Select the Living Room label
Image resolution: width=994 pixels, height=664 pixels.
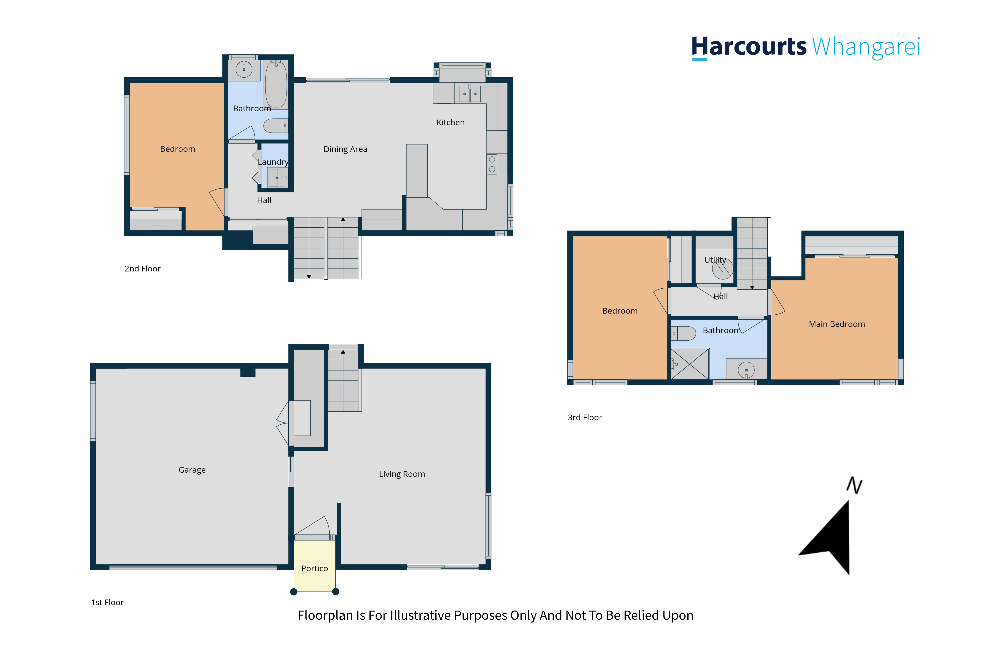[x=402, y=474]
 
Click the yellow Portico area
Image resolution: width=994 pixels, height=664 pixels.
[x=315, y=566]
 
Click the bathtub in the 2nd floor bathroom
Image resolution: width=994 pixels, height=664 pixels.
[x=276, y=84]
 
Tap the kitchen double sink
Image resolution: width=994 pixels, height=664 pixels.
[x=470, y=94]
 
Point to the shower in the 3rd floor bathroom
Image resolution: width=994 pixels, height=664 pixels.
[x=690, y=364]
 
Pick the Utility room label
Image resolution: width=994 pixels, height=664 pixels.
[x=715, y=260]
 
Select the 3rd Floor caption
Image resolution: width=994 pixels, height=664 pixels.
[x=585, y=418]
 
